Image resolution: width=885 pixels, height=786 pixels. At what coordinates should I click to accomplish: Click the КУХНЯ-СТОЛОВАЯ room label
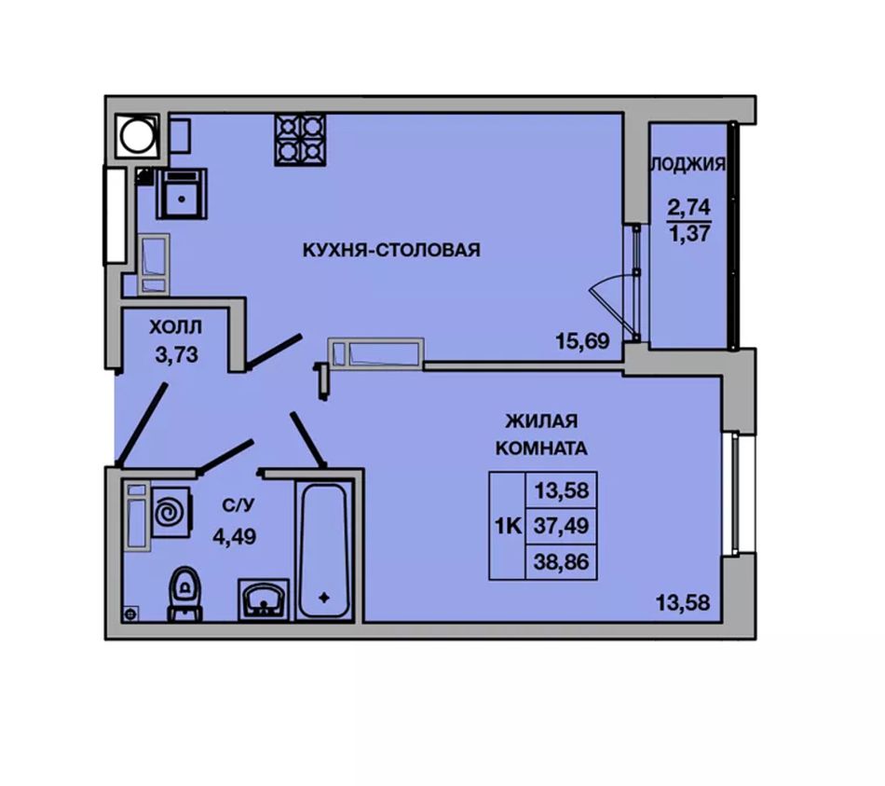pyautogui.click(x=391, y=249)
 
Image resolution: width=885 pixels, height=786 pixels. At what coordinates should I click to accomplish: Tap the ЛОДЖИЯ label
pyautogui.click(x=688, y=164)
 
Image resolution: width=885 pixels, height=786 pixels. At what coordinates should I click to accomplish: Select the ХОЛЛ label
pyautogui.click(x=175, y=326)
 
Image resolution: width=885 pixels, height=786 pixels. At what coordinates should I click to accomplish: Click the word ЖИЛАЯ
pyautogui.click(x=541, y=421)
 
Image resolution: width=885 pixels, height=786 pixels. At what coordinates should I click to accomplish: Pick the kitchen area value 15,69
pyautogui.click(x=582, y=340)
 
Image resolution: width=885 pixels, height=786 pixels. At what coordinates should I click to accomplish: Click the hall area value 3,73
pyautogui.click(x=177, y=355)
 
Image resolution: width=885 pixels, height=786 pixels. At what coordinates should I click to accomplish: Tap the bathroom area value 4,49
pyautogui.click(x=234, y=536)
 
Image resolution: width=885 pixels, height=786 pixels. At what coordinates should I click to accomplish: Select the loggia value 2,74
pyautogui.click(x=688, y=207)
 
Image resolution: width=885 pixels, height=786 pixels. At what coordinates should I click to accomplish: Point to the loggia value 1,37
pyautogui.click(x=689, y=233)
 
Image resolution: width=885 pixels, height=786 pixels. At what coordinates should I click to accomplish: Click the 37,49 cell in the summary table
pyautogui.click(x=561, y=526)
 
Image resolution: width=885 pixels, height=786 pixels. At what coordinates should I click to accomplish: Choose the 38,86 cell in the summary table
pyautogui.click(x=561, y=562)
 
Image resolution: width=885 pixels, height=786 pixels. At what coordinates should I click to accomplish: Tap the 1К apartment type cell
pyautogui.click(x=508, y=526)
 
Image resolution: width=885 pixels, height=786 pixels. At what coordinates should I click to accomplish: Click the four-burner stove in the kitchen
pyautogui.click(x=300, y=140)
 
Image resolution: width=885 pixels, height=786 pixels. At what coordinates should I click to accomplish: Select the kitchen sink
pyautogui.click(x=182, y=194)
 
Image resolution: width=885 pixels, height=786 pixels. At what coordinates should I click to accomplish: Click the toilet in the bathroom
pyautogui.click(x=184, y=594)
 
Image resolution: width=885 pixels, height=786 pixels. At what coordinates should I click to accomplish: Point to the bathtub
pyautogui.click(x=323, y=551)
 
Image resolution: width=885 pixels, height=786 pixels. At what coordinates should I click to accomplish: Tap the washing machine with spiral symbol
pyautogui.click(x=171, y=513)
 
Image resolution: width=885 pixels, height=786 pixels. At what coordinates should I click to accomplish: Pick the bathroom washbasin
pyautogui.click(x=263, y=600)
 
